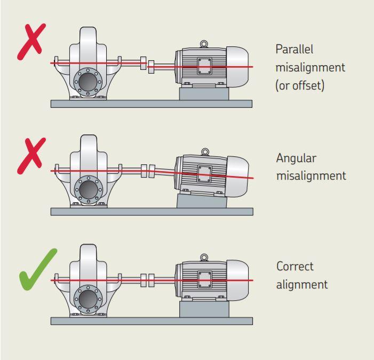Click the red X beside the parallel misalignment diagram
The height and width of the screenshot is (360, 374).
coord(31,41)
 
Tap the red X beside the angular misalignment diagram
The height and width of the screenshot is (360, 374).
coord(31,155)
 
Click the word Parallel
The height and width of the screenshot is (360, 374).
coord(295,50)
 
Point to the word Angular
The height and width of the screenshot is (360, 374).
coord(296,158)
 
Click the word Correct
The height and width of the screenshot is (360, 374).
coord(295,266)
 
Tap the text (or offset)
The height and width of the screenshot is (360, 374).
coord(300,85)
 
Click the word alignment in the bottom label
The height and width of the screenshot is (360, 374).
coord(302,285)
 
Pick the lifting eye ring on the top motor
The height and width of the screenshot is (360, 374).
coord(204,44)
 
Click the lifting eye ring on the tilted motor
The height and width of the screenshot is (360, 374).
coord(205,151)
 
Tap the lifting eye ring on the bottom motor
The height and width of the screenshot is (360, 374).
coord(204,257)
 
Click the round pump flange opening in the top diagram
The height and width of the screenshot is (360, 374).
coord(88,82)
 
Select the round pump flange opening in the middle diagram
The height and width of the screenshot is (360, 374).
coord(89,189)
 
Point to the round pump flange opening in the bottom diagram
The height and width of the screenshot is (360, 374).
coord(88,299)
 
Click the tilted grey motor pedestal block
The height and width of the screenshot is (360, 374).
coord(202,201)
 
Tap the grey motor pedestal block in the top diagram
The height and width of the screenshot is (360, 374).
coord(204,94)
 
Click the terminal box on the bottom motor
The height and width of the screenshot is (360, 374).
coord(205,279)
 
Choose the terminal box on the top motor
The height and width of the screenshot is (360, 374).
coord(204,66)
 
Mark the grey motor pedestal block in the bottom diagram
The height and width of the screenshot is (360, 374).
coord(204,309)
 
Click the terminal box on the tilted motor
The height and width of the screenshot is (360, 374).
coord(204,174)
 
